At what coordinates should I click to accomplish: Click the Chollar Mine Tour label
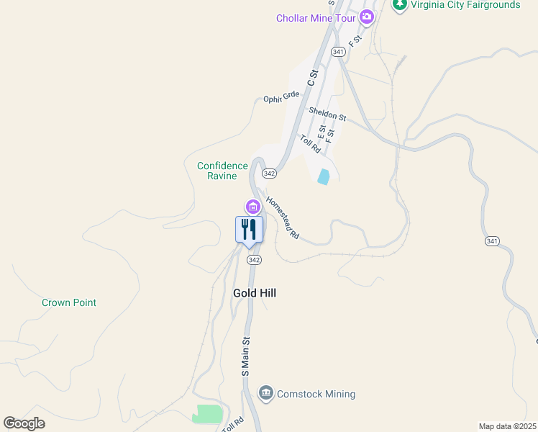click(316, 18)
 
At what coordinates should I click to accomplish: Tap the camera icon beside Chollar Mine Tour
click(367, 17)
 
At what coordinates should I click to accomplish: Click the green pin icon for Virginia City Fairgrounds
click(399, 4)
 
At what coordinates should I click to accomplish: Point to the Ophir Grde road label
click(281, 97)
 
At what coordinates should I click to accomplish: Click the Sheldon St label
click(327, 113)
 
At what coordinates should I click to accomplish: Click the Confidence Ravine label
click(222, 171)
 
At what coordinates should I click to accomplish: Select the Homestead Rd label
click(282, 219)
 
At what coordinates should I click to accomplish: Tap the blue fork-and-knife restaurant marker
click(249, 230)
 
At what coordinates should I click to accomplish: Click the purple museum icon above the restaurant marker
click(252, 207)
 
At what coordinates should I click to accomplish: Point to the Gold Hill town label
click(255, 293)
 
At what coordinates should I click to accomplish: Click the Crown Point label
click(69, 302)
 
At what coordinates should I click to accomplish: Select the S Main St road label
click(245, 357)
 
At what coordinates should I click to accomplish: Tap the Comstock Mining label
click(316, 394)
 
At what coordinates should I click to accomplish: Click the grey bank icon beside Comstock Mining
click(266, 392)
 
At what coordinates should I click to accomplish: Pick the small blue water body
click(324, 176)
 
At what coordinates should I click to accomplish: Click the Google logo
click(24, 423)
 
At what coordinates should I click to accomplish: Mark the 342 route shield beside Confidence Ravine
click(269, 174)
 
